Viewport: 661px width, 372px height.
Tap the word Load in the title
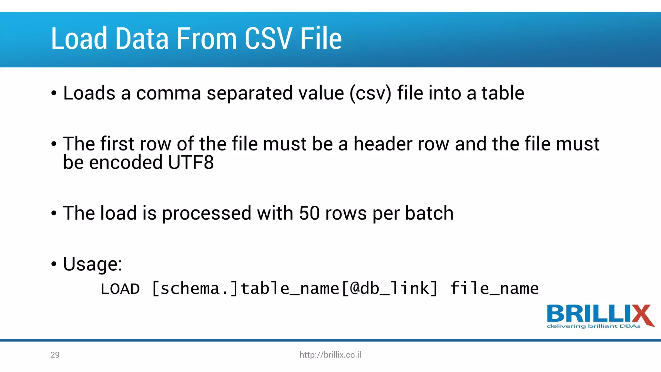point(79,39)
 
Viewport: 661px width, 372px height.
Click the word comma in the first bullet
point(168,94)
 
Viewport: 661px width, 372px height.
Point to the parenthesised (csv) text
point(371,94)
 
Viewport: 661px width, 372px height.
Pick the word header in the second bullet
point(382,144)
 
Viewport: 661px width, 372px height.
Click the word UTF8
point(191,162)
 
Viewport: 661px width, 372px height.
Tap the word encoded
point(126,162)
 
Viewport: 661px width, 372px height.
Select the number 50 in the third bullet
point(309,213)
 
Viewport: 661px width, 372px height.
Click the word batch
point(429,213)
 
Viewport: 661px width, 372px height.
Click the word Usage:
point(93,264)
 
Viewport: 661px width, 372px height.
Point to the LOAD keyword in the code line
point(120,289)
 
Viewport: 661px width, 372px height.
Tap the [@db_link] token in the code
point(390,288)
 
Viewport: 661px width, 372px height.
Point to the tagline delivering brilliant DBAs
point(594,326)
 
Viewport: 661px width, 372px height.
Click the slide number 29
point(55,355)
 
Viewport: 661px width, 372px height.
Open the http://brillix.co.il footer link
point(330,355)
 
